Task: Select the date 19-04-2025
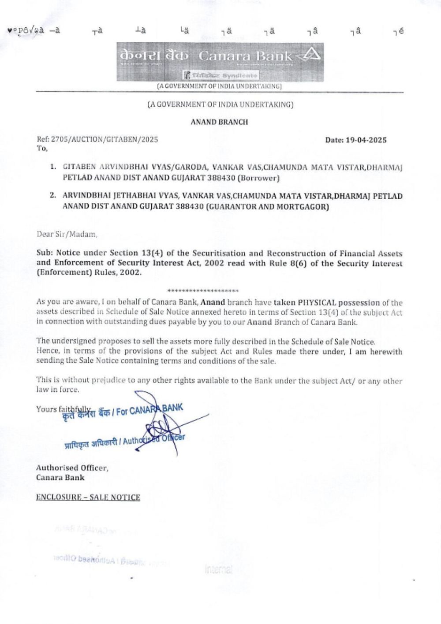point(366,140)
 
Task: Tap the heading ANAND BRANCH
point(219,122)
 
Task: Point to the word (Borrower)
point(258,178)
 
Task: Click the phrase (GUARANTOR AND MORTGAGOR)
point(267,206)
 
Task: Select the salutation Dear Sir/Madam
point(67,234)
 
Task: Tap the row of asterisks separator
point(203,291)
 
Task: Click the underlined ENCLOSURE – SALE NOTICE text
point(88,497)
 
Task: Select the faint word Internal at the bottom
point(218,569)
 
